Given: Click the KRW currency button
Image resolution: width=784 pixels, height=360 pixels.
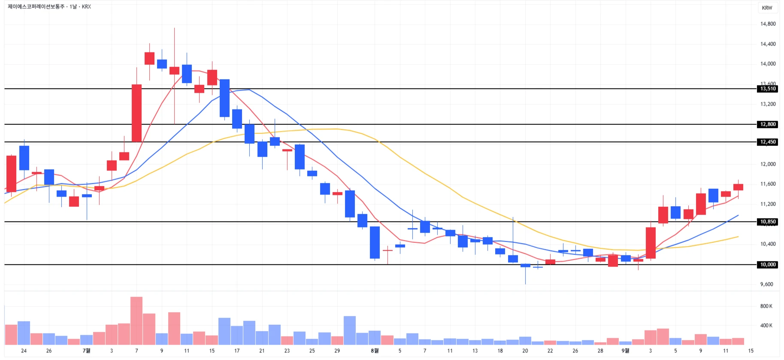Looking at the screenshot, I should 767,8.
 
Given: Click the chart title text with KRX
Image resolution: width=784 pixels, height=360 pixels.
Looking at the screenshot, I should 49,6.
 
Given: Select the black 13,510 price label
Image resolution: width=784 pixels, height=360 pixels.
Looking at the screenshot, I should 768,89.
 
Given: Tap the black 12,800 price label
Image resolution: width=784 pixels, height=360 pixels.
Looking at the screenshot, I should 768,124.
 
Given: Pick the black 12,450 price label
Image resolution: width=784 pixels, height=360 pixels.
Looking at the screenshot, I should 768,142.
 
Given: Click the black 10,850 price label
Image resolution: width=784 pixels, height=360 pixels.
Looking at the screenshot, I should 768,222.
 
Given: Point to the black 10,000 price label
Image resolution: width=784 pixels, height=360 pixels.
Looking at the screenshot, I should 768,265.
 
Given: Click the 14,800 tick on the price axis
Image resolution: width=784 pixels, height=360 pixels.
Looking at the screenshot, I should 768,24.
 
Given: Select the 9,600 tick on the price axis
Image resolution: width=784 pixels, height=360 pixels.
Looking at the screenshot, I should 766,284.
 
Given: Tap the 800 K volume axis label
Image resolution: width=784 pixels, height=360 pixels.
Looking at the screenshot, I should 766,306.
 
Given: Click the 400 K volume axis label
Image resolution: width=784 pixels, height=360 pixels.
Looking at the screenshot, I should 766,326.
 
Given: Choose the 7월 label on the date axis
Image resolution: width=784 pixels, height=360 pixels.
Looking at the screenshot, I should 87,351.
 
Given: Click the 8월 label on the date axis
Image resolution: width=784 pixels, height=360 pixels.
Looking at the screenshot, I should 375,351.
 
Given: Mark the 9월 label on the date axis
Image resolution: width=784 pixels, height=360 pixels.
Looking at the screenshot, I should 625,351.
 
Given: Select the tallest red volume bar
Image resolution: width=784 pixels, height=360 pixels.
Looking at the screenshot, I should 136,321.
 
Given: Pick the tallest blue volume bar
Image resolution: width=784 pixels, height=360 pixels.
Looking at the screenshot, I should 350,330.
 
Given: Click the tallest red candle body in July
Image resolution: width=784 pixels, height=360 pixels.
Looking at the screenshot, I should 136,113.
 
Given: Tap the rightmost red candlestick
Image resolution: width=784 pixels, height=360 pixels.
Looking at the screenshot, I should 738,187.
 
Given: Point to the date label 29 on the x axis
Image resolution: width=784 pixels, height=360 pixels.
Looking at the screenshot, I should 337,351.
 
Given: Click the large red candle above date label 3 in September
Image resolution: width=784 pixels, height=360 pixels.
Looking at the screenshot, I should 651,243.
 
